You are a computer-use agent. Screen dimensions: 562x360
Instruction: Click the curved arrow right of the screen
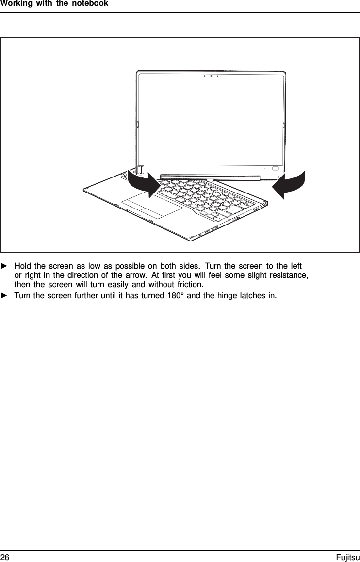[x=290, y=185]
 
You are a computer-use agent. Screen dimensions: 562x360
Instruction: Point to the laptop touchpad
[x=151, y=208]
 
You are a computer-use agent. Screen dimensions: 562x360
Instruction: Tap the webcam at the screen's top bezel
[x=212, y=76]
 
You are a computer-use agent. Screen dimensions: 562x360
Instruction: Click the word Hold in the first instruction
[x=23, y=267]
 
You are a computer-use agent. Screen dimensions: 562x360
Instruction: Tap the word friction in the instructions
[x=190, y=284]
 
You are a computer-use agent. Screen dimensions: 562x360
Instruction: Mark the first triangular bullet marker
[x=4, y=267]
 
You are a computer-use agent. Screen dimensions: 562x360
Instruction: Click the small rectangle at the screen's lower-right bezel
[x=276, y=168]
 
